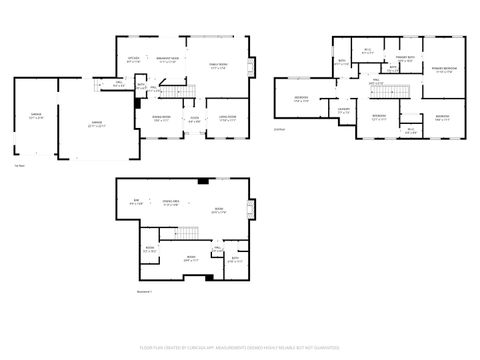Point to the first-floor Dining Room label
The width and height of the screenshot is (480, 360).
(161, 119)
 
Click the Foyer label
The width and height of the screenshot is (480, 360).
(195, 120)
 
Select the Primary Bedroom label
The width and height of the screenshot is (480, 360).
(443, 69)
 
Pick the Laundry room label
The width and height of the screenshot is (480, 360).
(343, 110)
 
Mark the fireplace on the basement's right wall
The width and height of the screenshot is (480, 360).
(252, 210)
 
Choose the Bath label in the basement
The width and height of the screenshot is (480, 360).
(234, 259)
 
